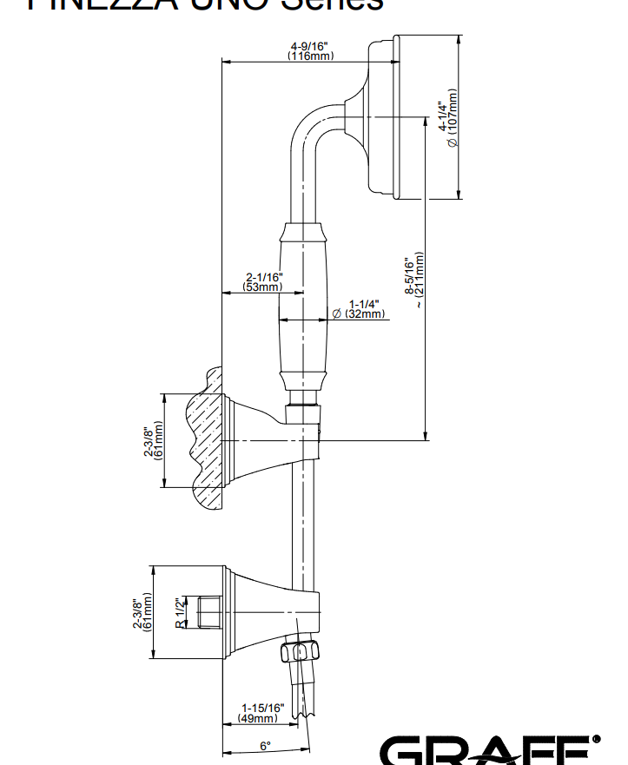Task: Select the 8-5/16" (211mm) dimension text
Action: (415, 280)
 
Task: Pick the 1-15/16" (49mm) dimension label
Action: (261, 713)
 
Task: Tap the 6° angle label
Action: (265, 745)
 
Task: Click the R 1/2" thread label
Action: (179, 612)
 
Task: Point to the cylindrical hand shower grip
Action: (305, 308)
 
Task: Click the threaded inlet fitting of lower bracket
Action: (208, 612)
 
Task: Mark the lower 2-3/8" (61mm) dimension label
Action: (143, 612)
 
